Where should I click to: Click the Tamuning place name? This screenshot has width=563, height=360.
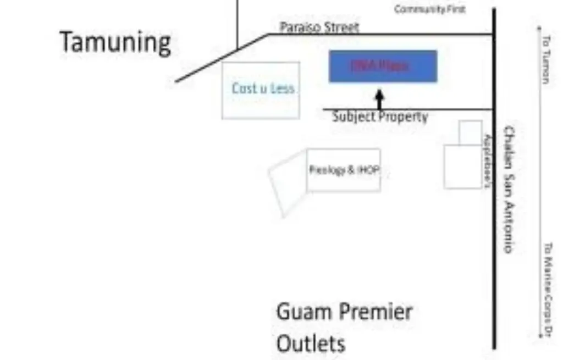pos(115,43)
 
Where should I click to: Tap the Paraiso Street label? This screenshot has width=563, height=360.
pos(319,27)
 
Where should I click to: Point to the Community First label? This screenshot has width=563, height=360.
pos(430,9)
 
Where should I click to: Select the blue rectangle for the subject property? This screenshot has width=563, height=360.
pos(383,66)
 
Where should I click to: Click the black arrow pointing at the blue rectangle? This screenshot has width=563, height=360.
pos(379,99)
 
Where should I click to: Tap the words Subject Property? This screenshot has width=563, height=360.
pos(380,117)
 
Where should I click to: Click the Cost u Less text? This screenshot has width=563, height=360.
pos(263,88)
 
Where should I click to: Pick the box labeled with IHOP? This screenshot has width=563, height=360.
pos(344,170)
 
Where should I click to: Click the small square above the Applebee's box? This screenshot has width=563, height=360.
pos(470,132)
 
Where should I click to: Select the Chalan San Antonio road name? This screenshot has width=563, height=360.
pos(509,190)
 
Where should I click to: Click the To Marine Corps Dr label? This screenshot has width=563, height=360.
pos(548,289)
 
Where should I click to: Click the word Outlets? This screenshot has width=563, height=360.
pos(311,344)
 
